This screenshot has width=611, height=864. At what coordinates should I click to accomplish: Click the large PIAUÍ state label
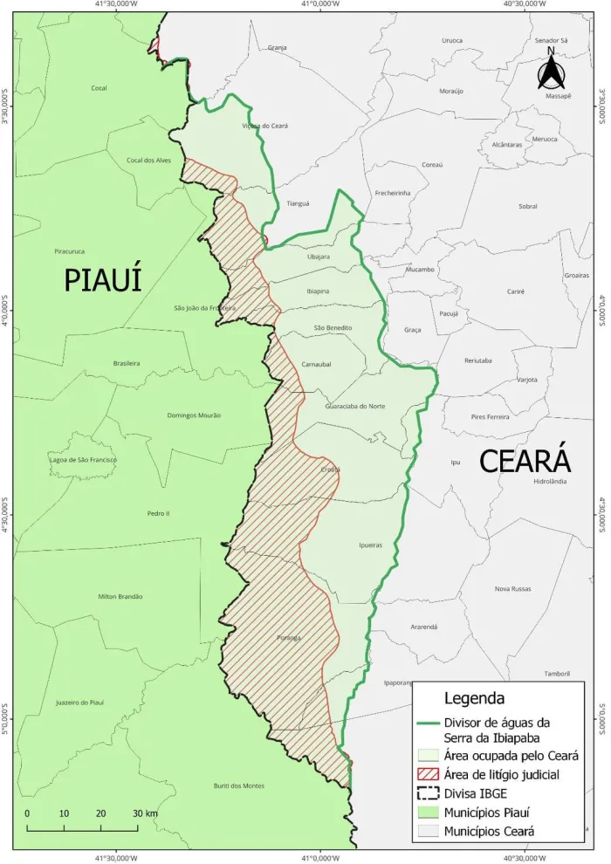coord(102,280)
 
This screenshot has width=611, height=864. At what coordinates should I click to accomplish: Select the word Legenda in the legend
coord(473,698)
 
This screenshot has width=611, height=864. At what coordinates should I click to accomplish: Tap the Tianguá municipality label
coord(298,203)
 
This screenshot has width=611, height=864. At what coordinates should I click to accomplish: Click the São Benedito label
coord(333,327)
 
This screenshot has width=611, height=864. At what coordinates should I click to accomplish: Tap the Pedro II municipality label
coord(159,513)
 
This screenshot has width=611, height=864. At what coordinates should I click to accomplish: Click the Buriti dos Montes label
coord(238,785)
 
